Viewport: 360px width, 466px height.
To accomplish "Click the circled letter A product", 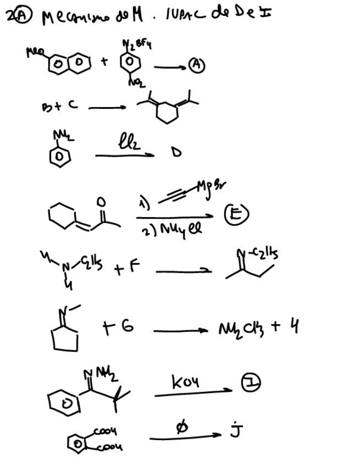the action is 196,65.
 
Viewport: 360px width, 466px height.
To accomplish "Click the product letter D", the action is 176,153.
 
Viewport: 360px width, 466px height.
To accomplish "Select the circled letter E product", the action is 238,214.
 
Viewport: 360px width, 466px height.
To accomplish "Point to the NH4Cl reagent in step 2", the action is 181,229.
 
